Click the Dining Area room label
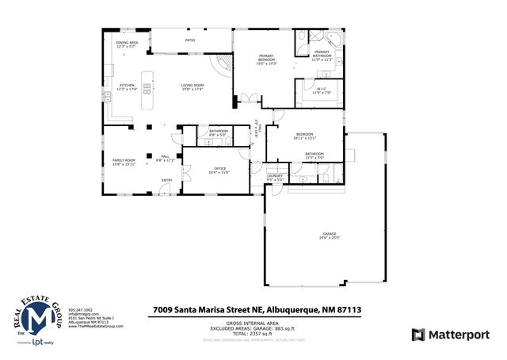point(127,44)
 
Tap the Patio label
point(190,39)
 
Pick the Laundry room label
point(275,178)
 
